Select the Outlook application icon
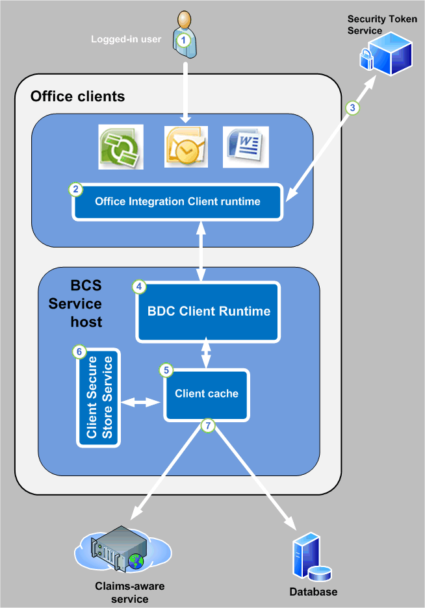[186, 147]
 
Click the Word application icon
[246, 147]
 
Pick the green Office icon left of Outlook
[120, 147]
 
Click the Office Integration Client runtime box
[177, 202]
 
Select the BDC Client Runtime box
[208, 311]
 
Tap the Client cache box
[206, 394]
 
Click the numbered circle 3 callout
[353, 108]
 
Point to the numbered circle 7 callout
[207, 426]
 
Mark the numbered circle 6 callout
[79, 351]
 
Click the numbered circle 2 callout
[76, 190]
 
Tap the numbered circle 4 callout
[138, 286]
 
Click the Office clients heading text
[77, 97]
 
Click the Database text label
[313, 592]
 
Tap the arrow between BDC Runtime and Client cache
[207, 353]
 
